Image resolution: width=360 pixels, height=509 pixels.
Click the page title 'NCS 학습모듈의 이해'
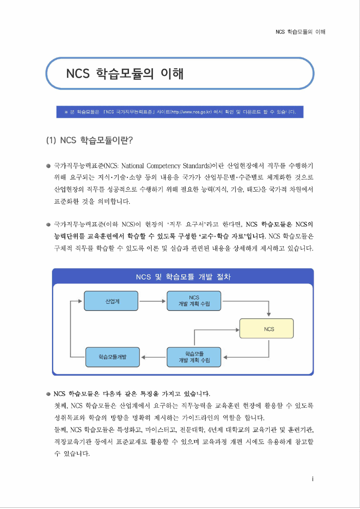[x=125, y=74]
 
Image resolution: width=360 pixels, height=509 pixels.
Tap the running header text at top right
[x=300, y=32]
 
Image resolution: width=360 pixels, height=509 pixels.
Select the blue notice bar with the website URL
[x=180, y=112]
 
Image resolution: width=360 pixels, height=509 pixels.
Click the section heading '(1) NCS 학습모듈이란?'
[x=90, y=141]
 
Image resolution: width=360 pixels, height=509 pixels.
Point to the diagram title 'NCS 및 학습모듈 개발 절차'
[x=183, y=277]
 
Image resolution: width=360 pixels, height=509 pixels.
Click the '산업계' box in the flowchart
[x=111, y=301]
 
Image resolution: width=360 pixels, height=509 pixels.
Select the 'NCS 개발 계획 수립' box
[x=194, y=301]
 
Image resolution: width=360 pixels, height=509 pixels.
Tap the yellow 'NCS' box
[x=266, y=329]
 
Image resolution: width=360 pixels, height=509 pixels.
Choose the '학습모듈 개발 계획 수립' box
[x=194, y=357]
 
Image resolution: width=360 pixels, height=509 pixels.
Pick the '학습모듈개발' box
[x=112, y=357]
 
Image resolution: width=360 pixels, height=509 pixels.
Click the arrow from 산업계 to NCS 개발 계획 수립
[x=152, y=301]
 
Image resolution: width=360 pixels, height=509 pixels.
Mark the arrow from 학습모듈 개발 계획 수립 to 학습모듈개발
[x=154, y=357]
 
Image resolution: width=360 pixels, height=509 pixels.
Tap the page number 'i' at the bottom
[x=313, y=479]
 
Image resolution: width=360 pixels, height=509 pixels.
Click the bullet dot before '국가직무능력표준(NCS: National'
[x=48, y=166]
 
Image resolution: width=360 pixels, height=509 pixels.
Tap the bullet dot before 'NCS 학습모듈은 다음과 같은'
[x=48, y=394]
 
